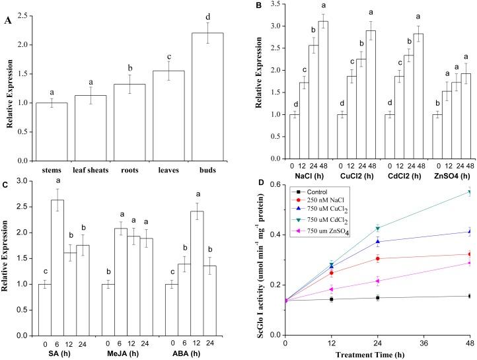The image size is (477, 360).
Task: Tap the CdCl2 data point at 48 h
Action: [470, 192]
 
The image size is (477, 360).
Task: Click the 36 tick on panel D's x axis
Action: [423, 343]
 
